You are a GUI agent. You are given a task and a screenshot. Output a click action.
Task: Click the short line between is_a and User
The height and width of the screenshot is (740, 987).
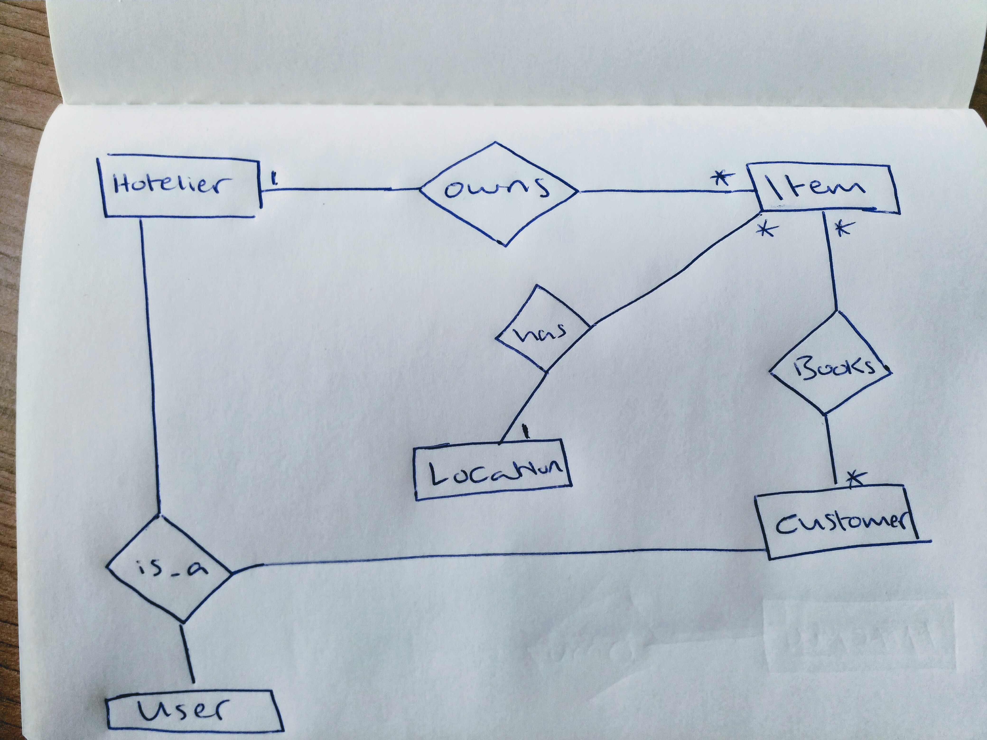tap(187, 656)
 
